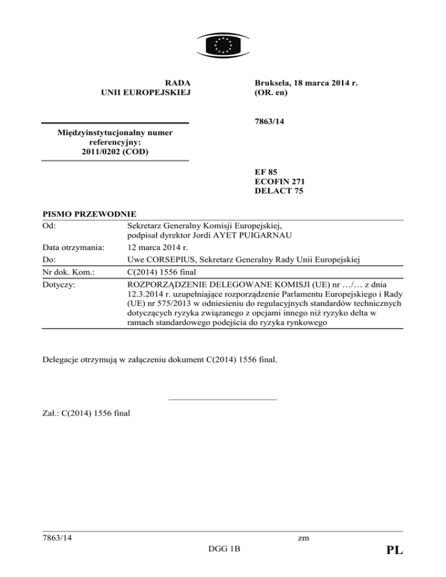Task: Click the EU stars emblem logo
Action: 223,44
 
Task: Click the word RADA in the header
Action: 178,83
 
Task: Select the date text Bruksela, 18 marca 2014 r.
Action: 305,83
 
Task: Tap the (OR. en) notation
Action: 272,93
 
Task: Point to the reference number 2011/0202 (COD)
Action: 114,152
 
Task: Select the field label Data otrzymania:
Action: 73,248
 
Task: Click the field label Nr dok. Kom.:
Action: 69,271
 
